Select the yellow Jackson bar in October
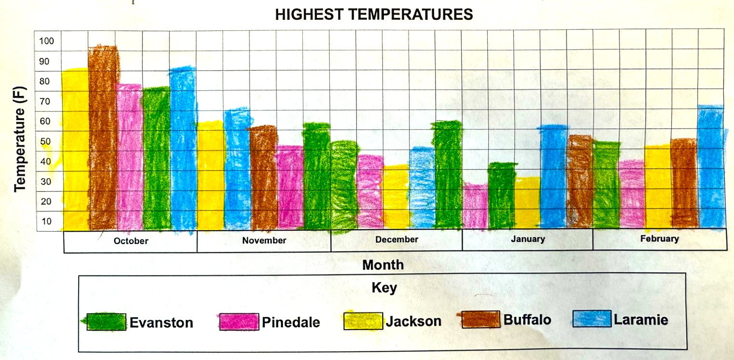pos(75,150)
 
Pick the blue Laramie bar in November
pos(237,169)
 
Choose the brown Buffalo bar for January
pos(579,181)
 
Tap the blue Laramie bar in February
pos(711,166)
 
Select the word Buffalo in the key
pos(527,319)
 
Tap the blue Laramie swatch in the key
pos(592,319)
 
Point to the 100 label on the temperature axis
pos(47,41)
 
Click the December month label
pos(396,239)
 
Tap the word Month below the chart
pos(382,265)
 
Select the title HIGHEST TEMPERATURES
pos(374,15)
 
